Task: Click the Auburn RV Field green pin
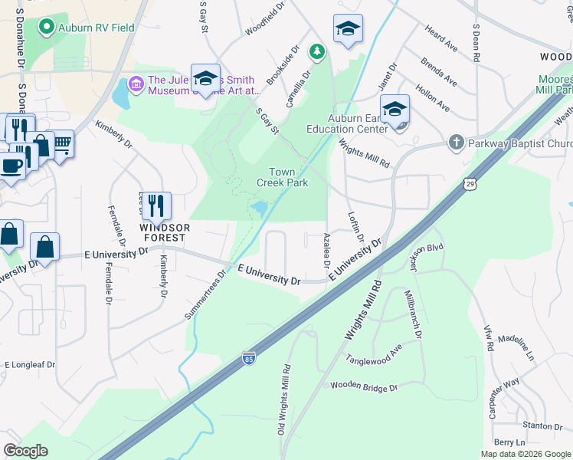[46, 28]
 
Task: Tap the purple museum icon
[137, 82]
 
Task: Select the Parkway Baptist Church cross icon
[456, 143]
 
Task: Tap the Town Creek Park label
[282, 177]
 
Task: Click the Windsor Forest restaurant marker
[156, 205]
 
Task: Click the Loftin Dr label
[354, 228]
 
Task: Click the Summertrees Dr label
[205, 295]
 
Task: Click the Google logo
[25, 451]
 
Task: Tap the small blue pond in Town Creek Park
[259, 207]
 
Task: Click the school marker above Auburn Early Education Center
[395, 110]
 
